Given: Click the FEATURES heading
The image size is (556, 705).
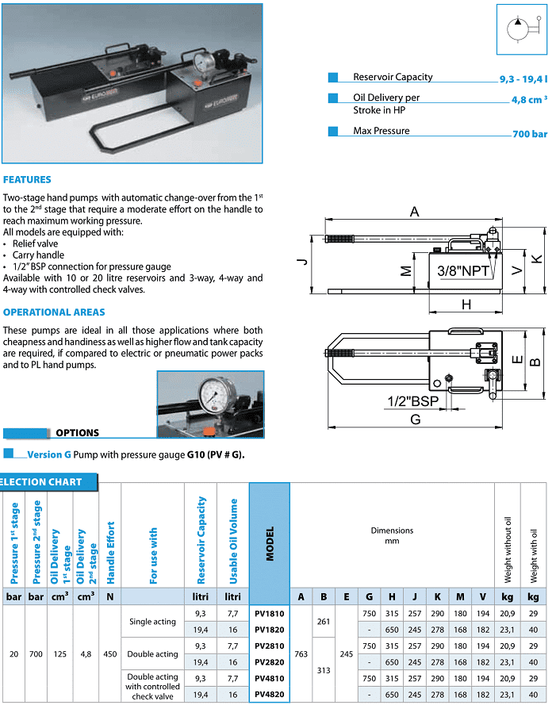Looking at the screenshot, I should pos(27,180).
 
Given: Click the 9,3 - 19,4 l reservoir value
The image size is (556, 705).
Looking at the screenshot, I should pos(523,81).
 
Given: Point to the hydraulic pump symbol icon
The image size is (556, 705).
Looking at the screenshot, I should pos(522,29).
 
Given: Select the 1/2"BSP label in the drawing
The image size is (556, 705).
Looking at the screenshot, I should pos(413,401).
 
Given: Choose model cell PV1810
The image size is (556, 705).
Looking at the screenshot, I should pos(270,613).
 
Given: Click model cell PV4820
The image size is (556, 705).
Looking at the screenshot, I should pos(270,695).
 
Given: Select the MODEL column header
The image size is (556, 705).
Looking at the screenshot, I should pos(270,543).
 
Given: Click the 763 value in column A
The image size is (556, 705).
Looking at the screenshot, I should pos(301,653).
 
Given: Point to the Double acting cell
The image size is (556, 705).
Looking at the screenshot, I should pos(152,654).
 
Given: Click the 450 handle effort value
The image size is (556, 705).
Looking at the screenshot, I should pos(110,653).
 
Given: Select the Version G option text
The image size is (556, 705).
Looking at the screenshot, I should pos(49,455).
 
